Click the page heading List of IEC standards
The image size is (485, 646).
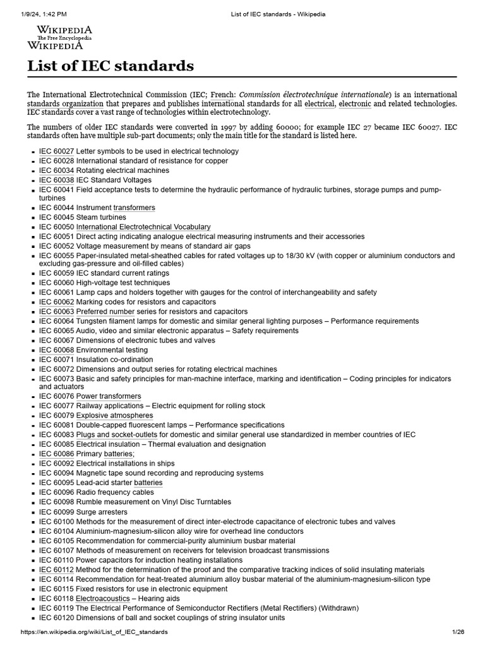click(x=110, y=66)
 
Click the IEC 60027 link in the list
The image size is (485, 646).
click(x=56, y=151)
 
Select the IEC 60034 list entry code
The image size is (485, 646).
click(x=56, y=170)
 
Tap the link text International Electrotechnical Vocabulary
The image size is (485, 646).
click(x=143, y=227)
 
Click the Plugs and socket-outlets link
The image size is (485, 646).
click(x=117, y=435)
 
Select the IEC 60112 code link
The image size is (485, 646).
click(x=56, y=570)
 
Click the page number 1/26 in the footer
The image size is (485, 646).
click(x=458, y=632)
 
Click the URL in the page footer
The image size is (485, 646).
click(x=94, y=632)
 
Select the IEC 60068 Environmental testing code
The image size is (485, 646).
click(x=56, y=350)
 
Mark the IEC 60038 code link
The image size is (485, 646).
click(x=56, y=180)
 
